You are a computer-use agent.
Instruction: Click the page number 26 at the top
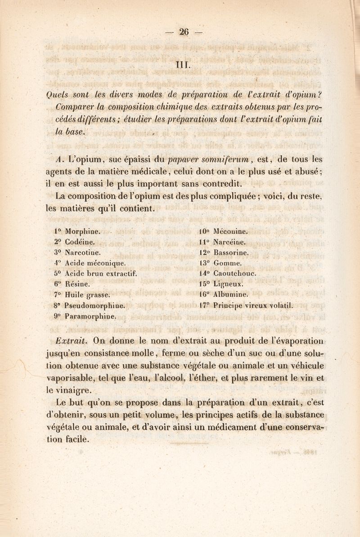[x=183, y=31]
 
